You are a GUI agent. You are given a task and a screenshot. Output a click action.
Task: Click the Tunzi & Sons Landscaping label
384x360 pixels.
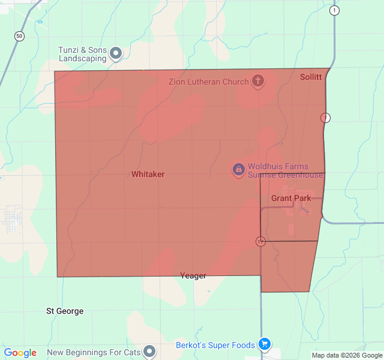82,55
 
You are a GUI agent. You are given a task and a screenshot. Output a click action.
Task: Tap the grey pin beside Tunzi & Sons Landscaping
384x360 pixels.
116,54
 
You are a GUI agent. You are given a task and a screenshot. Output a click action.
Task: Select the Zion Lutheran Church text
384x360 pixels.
208,81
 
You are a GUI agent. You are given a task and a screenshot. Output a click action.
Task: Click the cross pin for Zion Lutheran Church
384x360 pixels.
258,80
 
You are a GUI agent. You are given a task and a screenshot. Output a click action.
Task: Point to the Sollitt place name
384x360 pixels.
311,77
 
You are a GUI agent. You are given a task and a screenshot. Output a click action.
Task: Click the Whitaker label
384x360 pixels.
148,174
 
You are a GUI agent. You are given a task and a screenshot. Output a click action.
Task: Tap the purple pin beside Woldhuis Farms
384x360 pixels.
238,170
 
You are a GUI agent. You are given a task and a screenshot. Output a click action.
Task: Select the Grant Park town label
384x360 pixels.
291,198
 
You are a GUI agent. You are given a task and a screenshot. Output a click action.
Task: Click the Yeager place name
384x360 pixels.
193,276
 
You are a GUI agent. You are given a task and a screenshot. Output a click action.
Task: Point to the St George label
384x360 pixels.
65,311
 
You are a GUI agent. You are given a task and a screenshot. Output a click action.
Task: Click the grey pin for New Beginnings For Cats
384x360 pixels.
149,352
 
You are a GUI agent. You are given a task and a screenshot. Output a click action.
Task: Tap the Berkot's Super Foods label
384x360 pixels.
215,345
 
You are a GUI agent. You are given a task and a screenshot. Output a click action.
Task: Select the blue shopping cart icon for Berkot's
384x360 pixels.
264,344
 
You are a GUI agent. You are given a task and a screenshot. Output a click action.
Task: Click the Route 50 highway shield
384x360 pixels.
20,37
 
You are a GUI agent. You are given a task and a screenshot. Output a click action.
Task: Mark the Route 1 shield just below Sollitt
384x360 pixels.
325,118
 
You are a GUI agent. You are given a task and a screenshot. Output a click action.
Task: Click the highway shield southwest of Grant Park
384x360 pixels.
260,241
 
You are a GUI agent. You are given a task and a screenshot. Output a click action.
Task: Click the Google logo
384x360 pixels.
20,353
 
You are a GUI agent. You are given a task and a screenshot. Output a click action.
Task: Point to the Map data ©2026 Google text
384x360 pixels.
346,355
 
